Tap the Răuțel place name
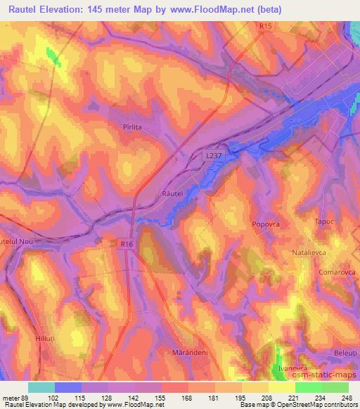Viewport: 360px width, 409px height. point(172,193)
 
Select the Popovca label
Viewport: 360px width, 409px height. point(266,223)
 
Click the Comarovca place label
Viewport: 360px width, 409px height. point(330,271)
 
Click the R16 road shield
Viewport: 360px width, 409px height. point(126,244)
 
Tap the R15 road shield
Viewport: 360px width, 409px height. point(264,27)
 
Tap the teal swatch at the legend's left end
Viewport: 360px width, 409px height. point(41,387)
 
